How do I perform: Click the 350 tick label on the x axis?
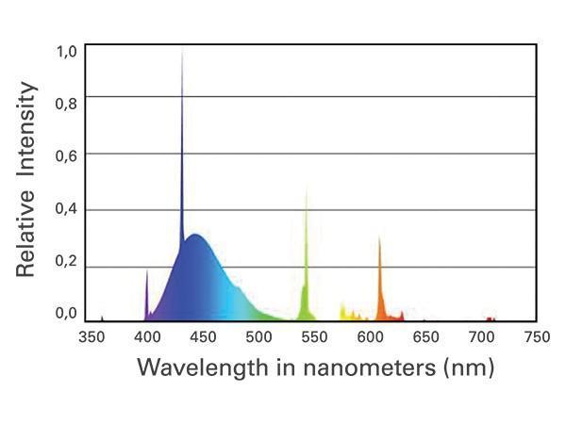point(91,336)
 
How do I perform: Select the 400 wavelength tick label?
point(146,336)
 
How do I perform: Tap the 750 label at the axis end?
point(535,336)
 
